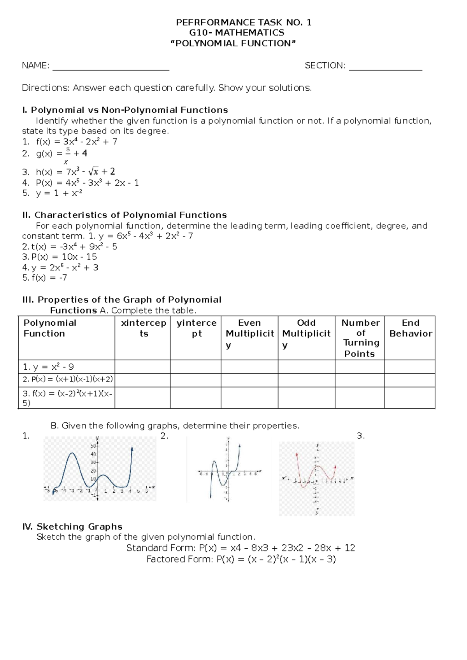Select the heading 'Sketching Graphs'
coord(79,527)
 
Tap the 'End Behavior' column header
coord(411,328)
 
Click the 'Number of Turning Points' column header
coord(360,338)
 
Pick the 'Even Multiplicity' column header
coord(249,334)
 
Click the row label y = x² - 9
coord(49,367)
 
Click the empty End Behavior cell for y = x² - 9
coord(409,367)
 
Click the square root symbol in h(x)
coord(93,171)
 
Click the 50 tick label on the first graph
coord(93,446)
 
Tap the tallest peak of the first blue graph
coord(72,453)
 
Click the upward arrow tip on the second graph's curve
coord(239,446)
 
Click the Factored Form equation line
coord(241,559)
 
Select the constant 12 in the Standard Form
coord(349,548)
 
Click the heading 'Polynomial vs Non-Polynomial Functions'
coord(129,110)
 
